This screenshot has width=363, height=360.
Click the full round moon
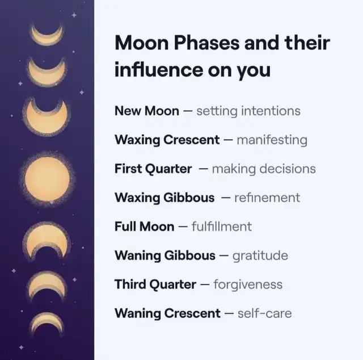[x=47, y=179]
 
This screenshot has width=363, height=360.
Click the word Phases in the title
[x=206, y=43]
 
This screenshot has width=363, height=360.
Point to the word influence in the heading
[x=159, y=69]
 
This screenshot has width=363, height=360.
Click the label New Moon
[x=147, y=111]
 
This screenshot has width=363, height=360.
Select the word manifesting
[x=272, y=140]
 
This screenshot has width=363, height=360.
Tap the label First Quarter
[x=153, y=169]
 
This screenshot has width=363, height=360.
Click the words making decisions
[x=264, y=169]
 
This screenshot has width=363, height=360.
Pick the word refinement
[x=267, y=198]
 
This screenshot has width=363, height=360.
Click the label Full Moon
[x=144, y=227]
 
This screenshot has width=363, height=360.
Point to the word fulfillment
[x=222, y=227]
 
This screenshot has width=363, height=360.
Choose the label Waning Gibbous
[x=165, y=256]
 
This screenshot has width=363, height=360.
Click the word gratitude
[x=260, y=256]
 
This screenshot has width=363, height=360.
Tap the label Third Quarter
[x=155, y=284]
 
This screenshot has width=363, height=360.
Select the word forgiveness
[x=248, y=284]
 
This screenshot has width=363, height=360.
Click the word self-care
[x=265, y=313]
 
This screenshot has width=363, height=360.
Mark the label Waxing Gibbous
[x=164, y=198]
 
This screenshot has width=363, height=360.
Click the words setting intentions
[x=248, y=111]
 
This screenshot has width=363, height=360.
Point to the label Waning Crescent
[x=167, y=313]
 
